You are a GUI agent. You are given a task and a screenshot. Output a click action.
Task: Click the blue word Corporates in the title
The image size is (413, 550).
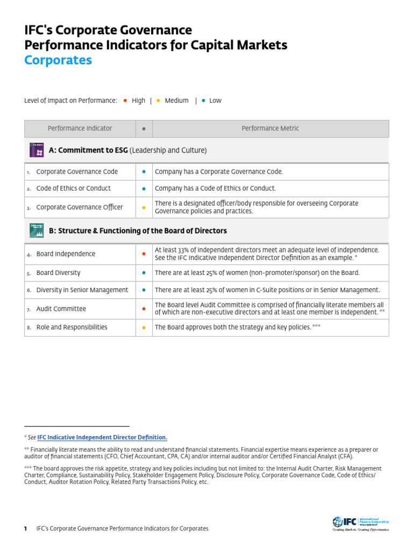click(58, 60)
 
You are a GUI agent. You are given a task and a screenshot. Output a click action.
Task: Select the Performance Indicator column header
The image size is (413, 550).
click(80, 128)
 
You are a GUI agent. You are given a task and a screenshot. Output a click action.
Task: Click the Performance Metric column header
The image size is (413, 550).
click(270, 128)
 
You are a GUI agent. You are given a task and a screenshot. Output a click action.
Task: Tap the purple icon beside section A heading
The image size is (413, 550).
click(37, 150)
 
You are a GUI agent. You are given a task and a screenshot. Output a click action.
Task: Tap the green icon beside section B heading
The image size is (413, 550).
click(37, 230)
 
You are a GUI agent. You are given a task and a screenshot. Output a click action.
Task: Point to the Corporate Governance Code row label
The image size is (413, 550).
click(77, 172)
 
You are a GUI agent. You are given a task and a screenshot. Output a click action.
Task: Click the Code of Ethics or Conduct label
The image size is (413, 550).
click(73, 189)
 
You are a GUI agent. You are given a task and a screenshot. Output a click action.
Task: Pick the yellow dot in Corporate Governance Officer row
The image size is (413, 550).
click(144, 207)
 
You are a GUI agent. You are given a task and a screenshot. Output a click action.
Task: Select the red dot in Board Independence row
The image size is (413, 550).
click(144, 254)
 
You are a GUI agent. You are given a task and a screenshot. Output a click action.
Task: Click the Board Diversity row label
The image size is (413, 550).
click(58, 273)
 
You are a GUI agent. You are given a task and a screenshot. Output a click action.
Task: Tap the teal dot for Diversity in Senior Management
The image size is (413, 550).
click(144, 290)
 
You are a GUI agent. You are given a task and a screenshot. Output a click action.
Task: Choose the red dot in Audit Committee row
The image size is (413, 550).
click(144, 309)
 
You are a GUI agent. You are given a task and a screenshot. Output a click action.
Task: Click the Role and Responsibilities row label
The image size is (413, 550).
click(72, 327)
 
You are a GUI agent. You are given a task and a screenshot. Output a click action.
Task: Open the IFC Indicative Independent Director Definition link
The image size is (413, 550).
click(102, 438)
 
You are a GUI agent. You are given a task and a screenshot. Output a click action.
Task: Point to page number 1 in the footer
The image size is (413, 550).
click(25, 529)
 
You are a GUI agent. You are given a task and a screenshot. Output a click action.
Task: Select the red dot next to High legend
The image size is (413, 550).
click(125, 100)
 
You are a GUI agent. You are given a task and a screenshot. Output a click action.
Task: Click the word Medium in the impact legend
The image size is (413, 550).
click(176, 100)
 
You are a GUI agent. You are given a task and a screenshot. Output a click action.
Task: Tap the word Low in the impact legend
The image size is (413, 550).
click(215, 100)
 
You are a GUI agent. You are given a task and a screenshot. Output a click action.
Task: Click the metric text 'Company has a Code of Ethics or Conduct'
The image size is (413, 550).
click(215, 189)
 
